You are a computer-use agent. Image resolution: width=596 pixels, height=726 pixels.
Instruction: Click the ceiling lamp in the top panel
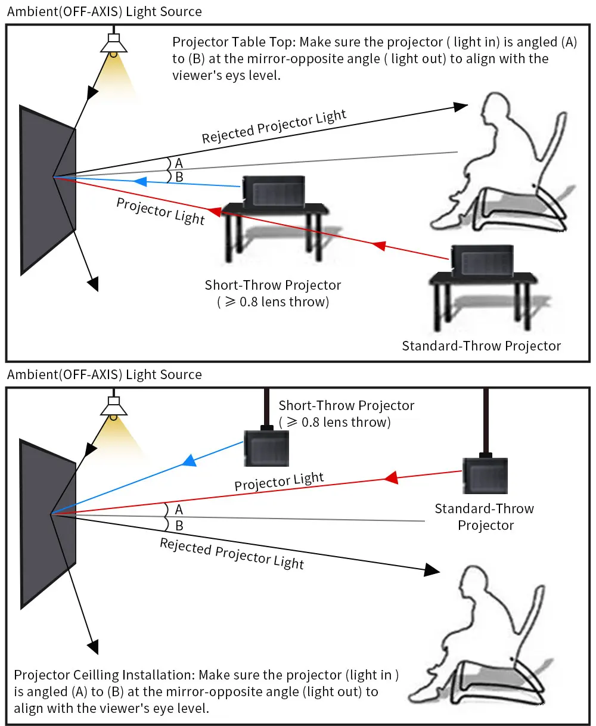coord(113,45)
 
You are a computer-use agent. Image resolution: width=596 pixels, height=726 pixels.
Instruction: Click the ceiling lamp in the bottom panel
coord(113,407)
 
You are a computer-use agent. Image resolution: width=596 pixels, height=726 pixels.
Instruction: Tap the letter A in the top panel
coord(179,163)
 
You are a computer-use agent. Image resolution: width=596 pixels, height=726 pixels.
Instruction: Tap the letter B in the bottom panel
coord(179,526)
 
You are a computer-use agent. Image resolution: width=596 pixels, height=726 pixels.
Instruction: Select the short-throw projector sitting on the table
coord(274,191)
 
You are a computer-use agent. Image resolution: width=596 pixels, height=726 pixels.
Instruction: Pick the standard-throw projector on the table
coord(482,260)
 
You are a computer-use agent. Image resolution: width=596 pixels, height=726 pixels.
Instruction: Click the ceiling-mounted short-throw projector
coord(266,447)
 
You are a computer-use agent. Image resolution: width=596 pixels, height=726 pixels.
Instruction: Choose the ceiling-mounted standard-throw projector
coord(485,475)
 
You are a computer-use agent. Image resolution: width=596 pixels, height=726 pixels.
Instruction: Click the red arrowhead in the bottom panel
coord(391,477)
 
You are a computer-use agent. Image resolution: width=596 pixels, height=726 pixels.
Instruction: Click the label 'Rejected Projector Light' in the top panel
coord(274,126)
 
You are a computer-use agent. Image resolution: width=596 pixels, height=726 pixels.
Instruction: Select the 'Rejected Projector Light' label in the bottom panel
coord(232,553)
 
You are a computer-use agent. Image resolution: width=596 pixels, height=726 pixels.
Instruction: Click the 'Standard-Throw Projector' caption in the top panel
coord(481,346)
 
